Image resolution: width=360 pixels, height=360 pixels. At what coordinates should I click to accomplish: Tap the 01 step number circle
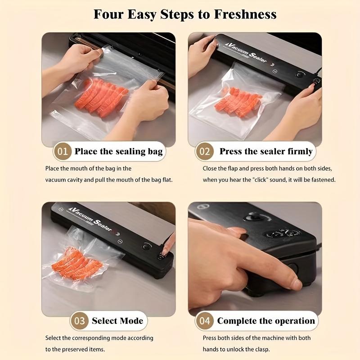point(63,151)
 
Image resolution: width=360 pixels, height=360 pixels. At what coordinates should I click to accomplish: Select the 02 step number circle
point(205,151)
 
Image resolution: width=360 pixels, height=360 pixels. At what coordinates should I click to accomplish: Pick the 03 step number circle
point(80,321)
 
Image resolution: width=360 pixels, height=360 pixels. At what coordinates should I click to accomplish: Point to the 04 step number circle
point(205,321)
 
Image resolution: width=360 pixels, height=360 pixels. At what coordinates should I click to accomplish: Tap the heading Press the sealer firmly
point(266,151)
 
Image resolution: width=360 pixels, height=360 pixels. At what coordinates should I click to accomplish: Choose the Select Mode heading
point(117,321)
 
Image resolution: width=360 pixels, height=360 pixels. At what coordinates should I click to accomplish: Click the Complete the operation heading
point(266,321)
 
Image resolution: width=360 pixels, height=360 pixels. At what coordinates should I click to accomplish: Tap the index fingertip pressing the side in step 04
point(294,283)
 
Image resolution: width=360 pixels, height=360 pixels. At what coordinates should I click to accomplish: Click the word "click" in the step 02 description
point(263,180)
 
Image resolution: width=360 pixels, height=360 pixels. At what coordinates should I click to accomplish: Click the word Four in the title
point(110,14)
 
